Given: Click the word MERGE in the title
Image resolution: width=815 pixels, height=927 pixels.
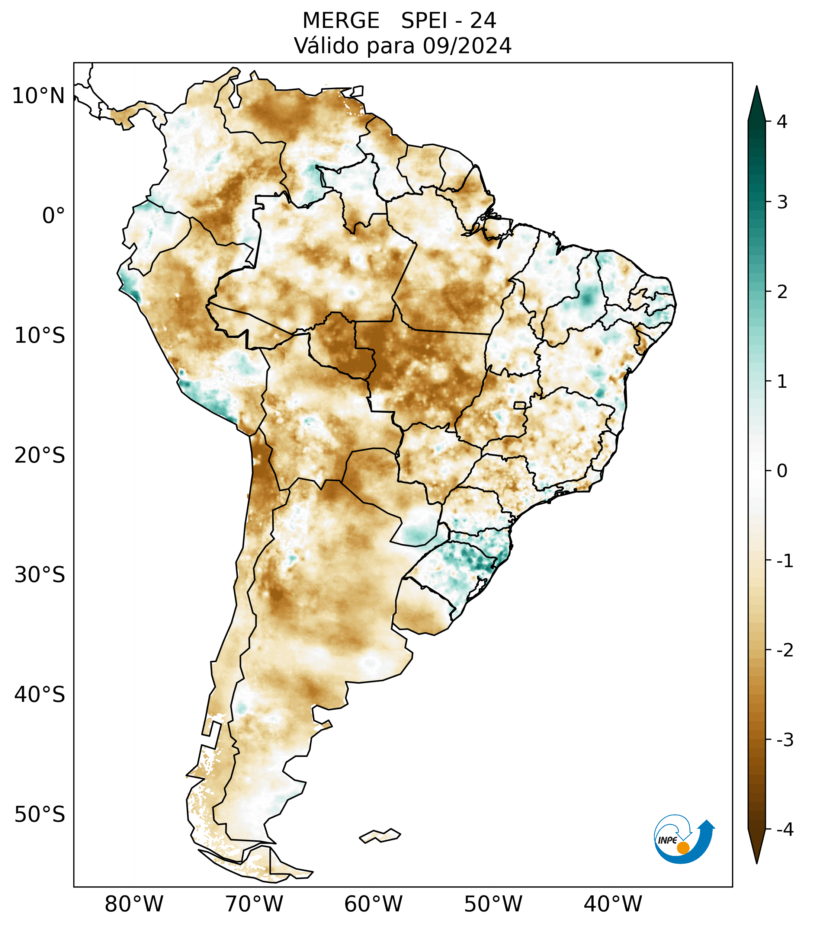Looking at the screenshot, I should [x=341, y=21].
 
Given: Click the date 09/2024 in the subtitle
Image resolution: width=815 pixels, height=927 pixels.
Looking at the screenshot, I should [x=467, y=46].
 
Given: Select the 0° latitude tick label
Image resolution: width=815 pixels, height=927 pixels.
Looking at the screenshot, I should [x=54, y=216].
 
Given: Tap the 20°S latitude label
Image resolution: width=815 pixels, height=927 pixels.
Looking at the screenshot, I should [x=40, y=455].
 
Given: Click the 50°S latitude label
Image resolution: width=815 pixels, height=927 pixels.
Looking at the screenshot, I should [x=40, y=815].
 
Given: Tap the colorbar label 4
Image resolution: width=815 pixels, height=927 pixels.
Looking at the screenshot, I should [x=782, y=122].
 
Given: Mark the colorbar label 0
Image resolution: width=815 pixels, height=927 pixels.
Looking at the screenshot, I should [x=782, y=471].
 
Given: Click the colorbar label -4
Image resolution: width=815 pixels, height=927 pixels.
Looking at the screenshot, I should [x=784, y=830].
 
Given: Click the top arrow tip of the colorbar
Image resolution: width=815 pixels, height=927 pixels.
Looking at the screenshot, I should [x=757, y=87].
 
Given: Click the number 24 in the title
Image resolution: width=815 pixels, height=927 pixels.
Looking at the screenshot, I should [x=483, y=21].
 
